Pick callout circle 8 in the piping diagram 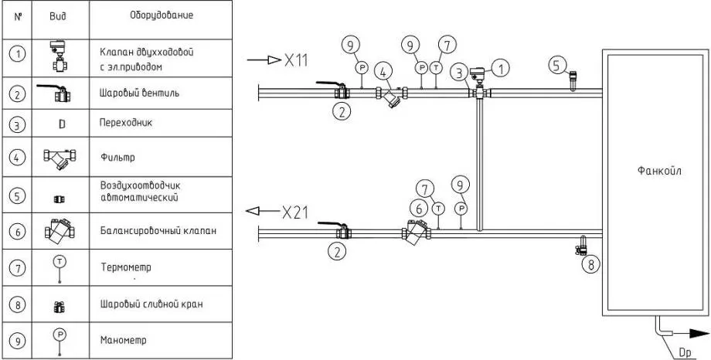coord(592,264)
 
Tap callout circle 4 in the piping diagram coord(382,70)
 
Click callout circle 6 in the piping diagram coord(418,208)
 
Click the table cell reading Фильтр coord(117,157)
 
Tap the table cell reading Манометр coord(123,339)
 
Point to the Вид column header coord(58,15)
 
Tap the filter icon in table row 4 coord(60,158)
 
